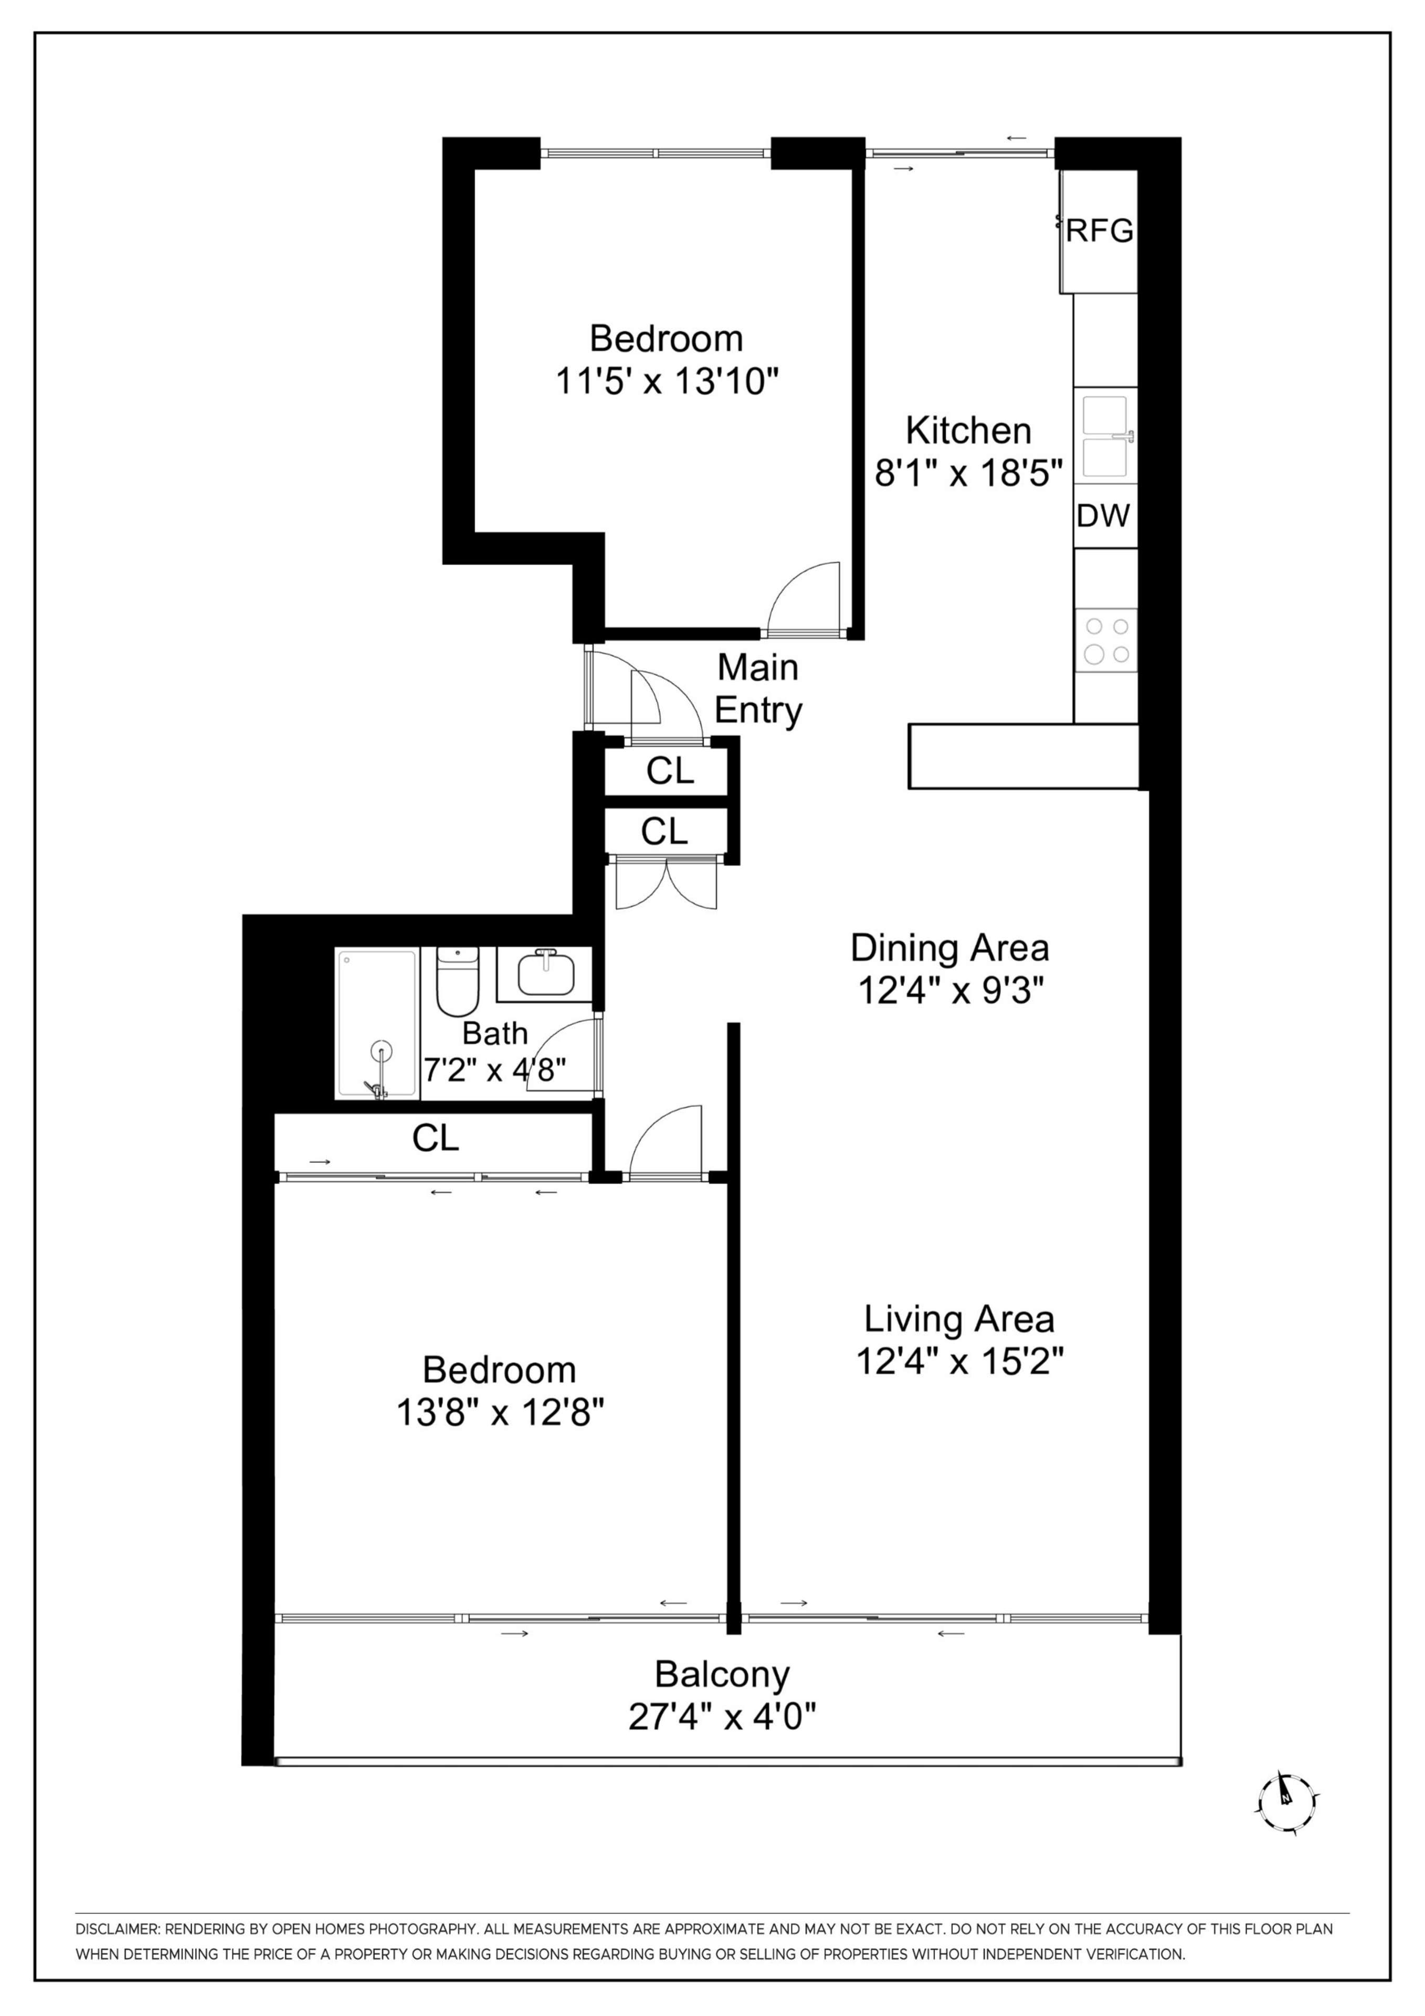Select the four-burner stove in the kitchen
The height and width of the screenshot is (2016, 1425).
pos(1106,640)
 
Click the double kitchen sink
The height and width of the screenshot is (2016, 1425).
pos(1105,436)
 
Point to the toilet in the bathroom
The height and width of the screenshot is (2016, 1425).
pos(457,980)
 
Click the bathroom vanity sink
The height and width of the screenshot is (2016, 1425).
pos(546,974)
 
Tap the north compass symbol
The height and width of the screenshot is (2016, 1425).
pos(1286,1803)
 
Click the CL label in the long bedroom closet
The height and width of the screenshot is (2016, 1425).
pos(436,1138)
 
